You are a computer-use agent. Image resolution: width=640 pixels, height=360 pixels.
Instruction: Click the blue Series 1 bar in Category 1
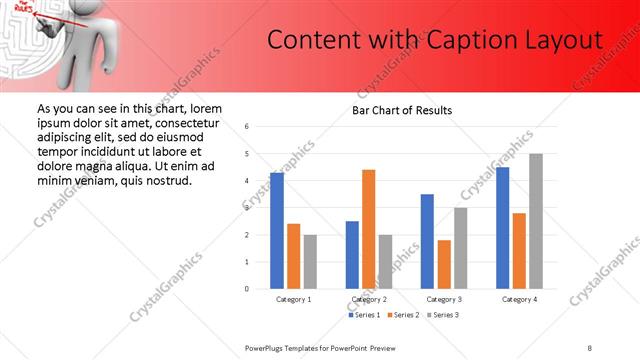coord(277,231)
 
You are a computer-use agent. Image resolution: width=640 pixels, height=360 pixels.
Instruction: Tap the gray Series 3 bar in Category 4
coord(536,221)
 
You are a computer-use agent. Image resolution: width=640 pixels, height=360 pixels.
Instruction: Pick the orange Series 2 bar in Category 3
coord(444,264)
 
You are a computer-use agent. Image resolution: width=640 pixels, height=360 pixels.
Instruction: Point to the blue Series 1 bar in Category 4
coord(502,228)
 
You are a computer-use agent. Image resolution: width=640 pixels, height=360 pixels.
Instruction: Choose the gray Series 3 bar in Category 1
coord(310,262)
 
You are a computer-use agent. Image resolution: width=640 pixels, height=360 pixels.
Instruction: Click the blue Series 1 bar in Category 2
coord(352,255)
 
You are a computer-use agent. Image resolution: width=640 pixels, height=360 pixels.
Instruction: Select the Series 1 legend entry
coord(366,316)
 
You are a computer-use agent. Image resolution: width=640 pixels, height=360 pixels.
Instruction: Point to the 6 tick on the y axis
coord(247,127)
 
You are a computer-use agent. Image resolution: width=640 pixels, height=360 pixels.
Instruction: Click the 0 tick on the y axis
coord(247,289)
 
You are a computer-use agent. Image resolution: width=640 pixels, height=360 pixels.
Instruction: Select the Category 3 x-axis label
coord(444,299)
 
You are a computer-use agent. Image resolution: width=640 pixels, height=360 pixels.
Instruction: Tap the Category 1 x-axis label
coord(293,299)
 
